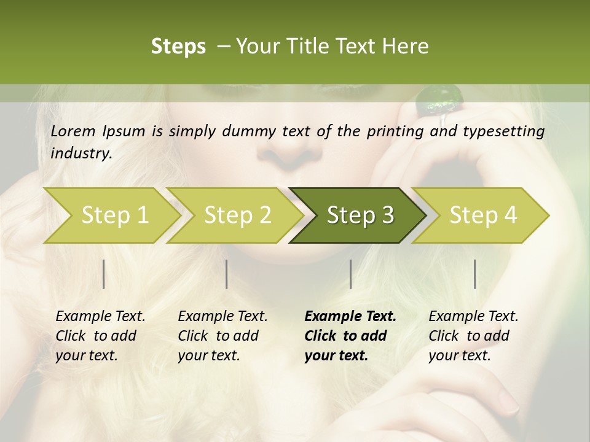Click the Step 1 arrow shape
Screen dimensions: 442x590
[x=111, y=215]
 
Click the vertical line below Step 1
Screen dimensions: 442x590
[x=104, y=274]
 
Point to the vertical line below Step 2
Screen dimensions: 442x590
[x=227, y=274]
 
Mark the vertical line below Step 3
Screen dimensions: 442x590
[x=351, y=274]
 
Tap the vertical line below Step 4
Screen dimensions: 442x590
[x=475, y=274]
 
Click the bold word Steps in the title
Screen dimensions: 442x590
[x=178, y=47]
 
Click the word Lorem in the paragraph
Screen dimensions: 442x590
[x=73, y=131]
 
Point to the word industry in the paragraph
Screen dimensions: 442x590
[x=81, y=153]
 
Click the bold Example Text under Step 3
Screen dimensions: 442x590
[x=350, y=317]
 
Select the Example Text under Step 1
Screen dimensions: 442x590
[x=100, y=317]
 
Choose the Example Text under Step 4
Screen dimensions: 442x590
[x=473, y=317]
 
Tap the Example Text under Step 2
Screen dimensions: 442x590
[x=222, y=317]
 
